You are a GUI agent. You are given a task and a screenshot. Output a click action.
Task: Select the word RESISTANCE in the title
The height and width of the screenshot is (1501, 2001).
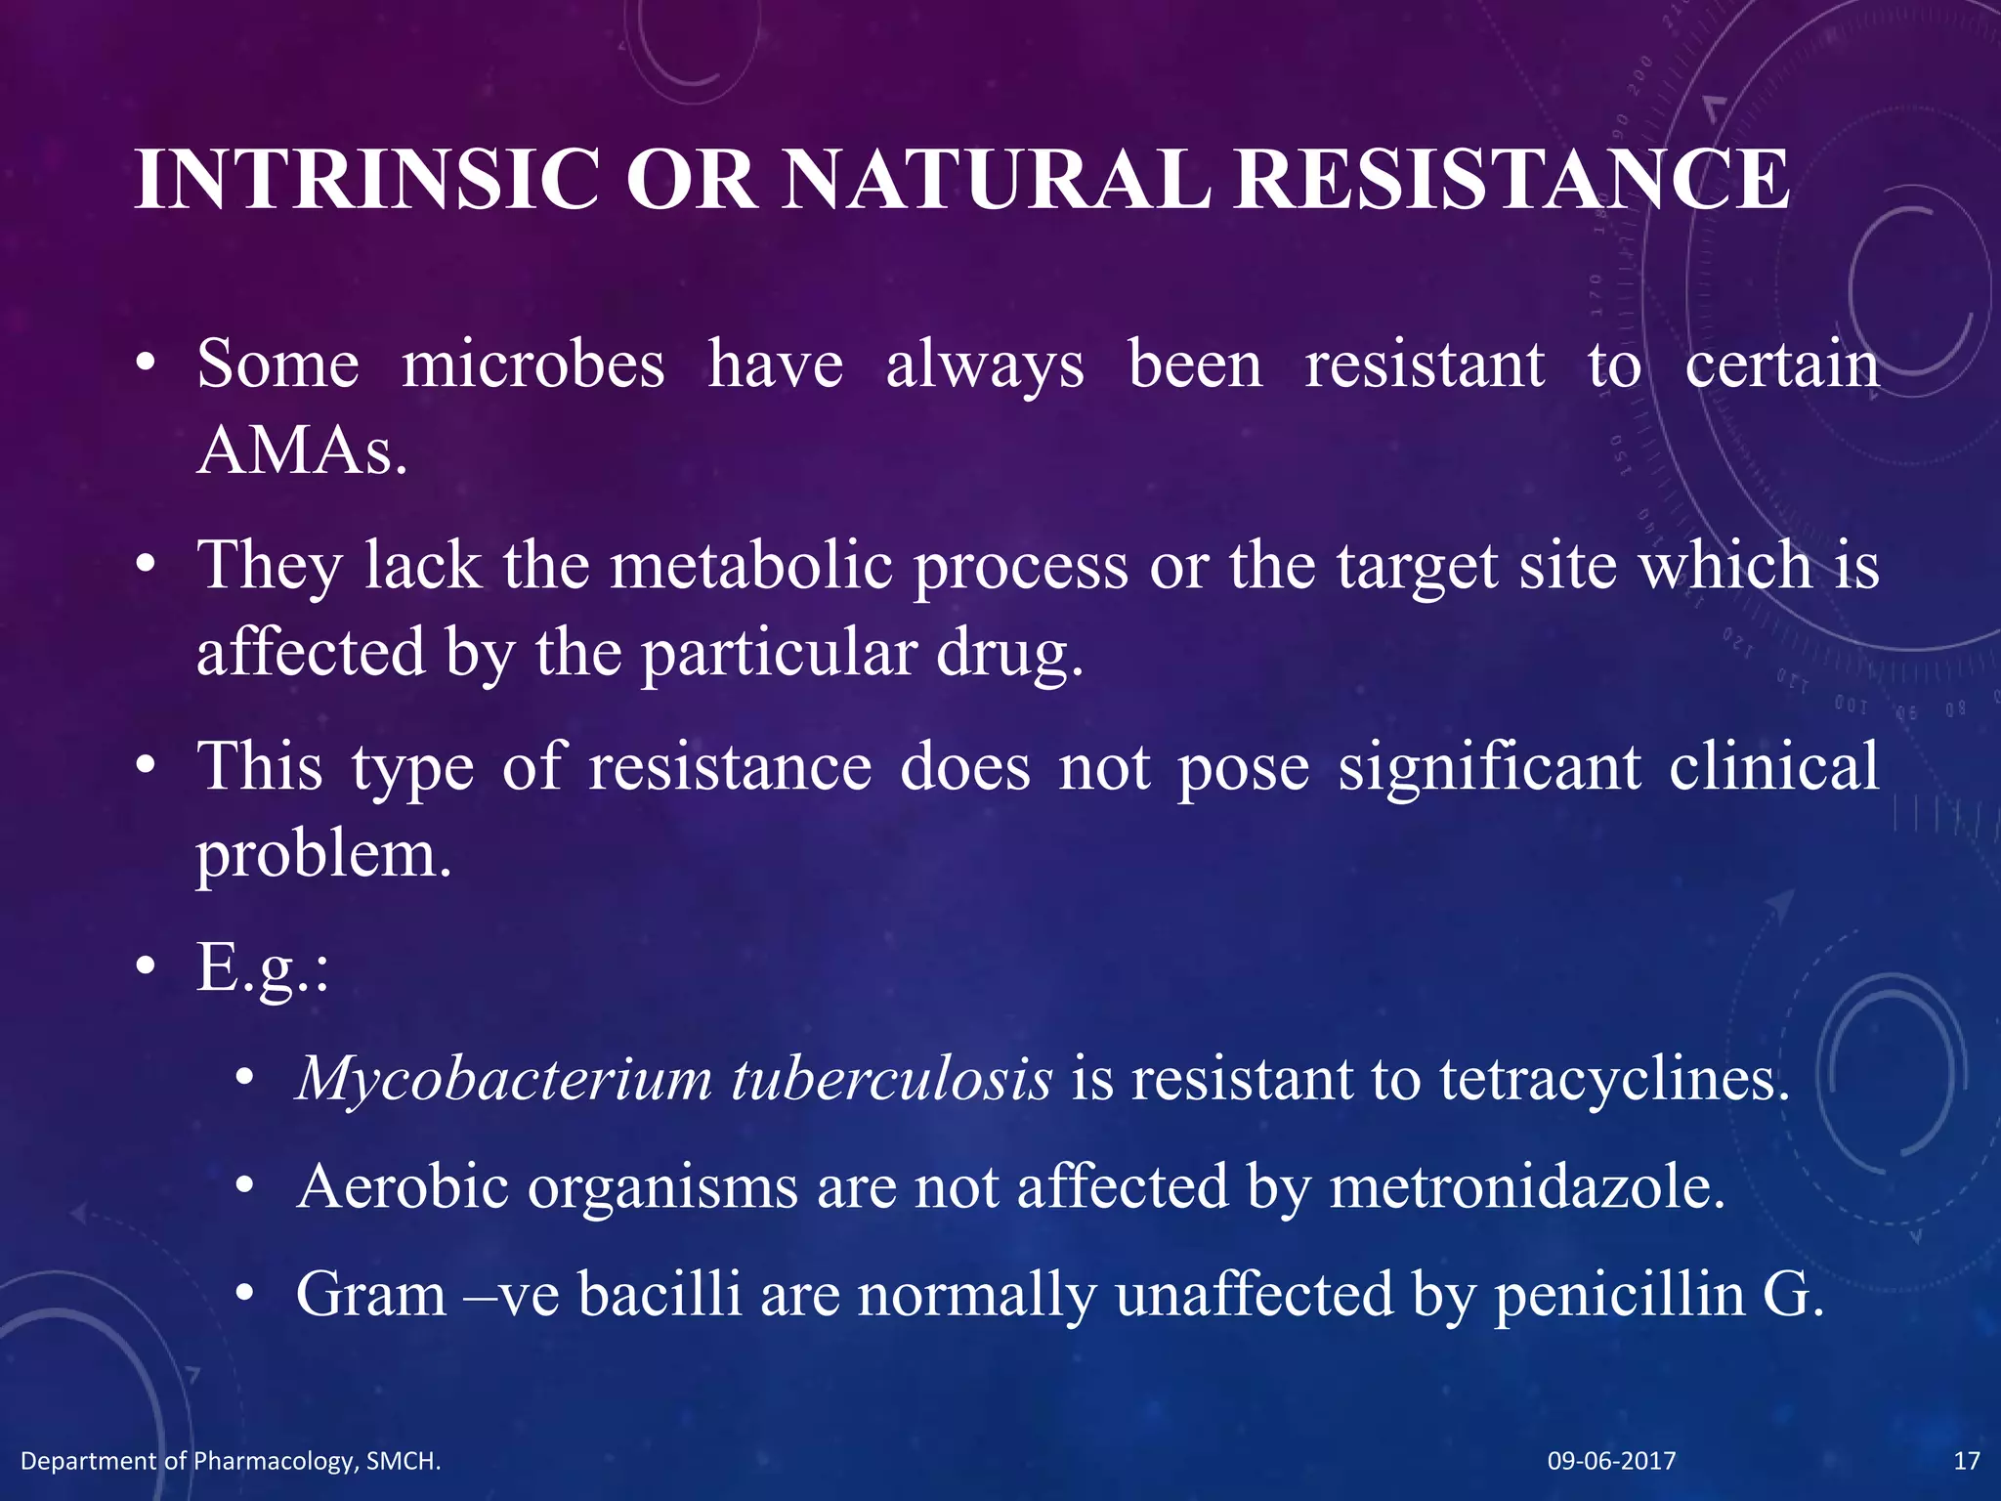(1511, 179)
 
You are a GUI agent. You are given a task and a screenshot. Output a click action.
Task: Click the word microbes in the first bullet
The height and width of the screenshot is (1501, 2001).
(533, 365)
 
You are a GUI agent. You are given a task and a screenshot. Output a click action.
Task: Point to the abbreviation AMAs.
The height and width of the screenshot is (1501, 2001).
(301, 451)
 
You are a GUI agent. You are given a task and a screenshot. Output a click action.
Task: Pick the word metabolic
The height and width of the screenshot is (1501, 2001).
(751, 566)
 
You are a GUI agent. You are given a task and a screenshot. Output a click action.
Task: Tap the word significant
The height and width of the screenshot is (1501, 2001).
(1489, 766)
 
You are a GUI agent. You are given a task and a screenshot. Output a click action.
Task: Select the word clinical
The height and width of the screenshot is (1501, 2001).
(1773, 766)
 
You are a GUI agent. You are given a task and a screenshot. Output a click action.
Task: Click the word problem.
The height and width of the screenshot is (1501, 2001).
(323, 855)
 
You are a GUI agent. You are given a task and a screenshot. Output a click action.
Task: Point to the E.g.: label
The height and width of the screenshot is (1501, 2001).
(263, 968)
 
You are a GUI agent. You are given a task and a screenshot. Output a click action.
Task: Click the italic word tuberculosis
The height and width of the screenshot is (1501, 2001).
(892, 1080)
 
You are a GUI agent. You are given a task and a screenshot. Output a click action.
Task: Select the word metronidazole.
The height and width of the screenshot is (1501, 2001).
(1526, 1187)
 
